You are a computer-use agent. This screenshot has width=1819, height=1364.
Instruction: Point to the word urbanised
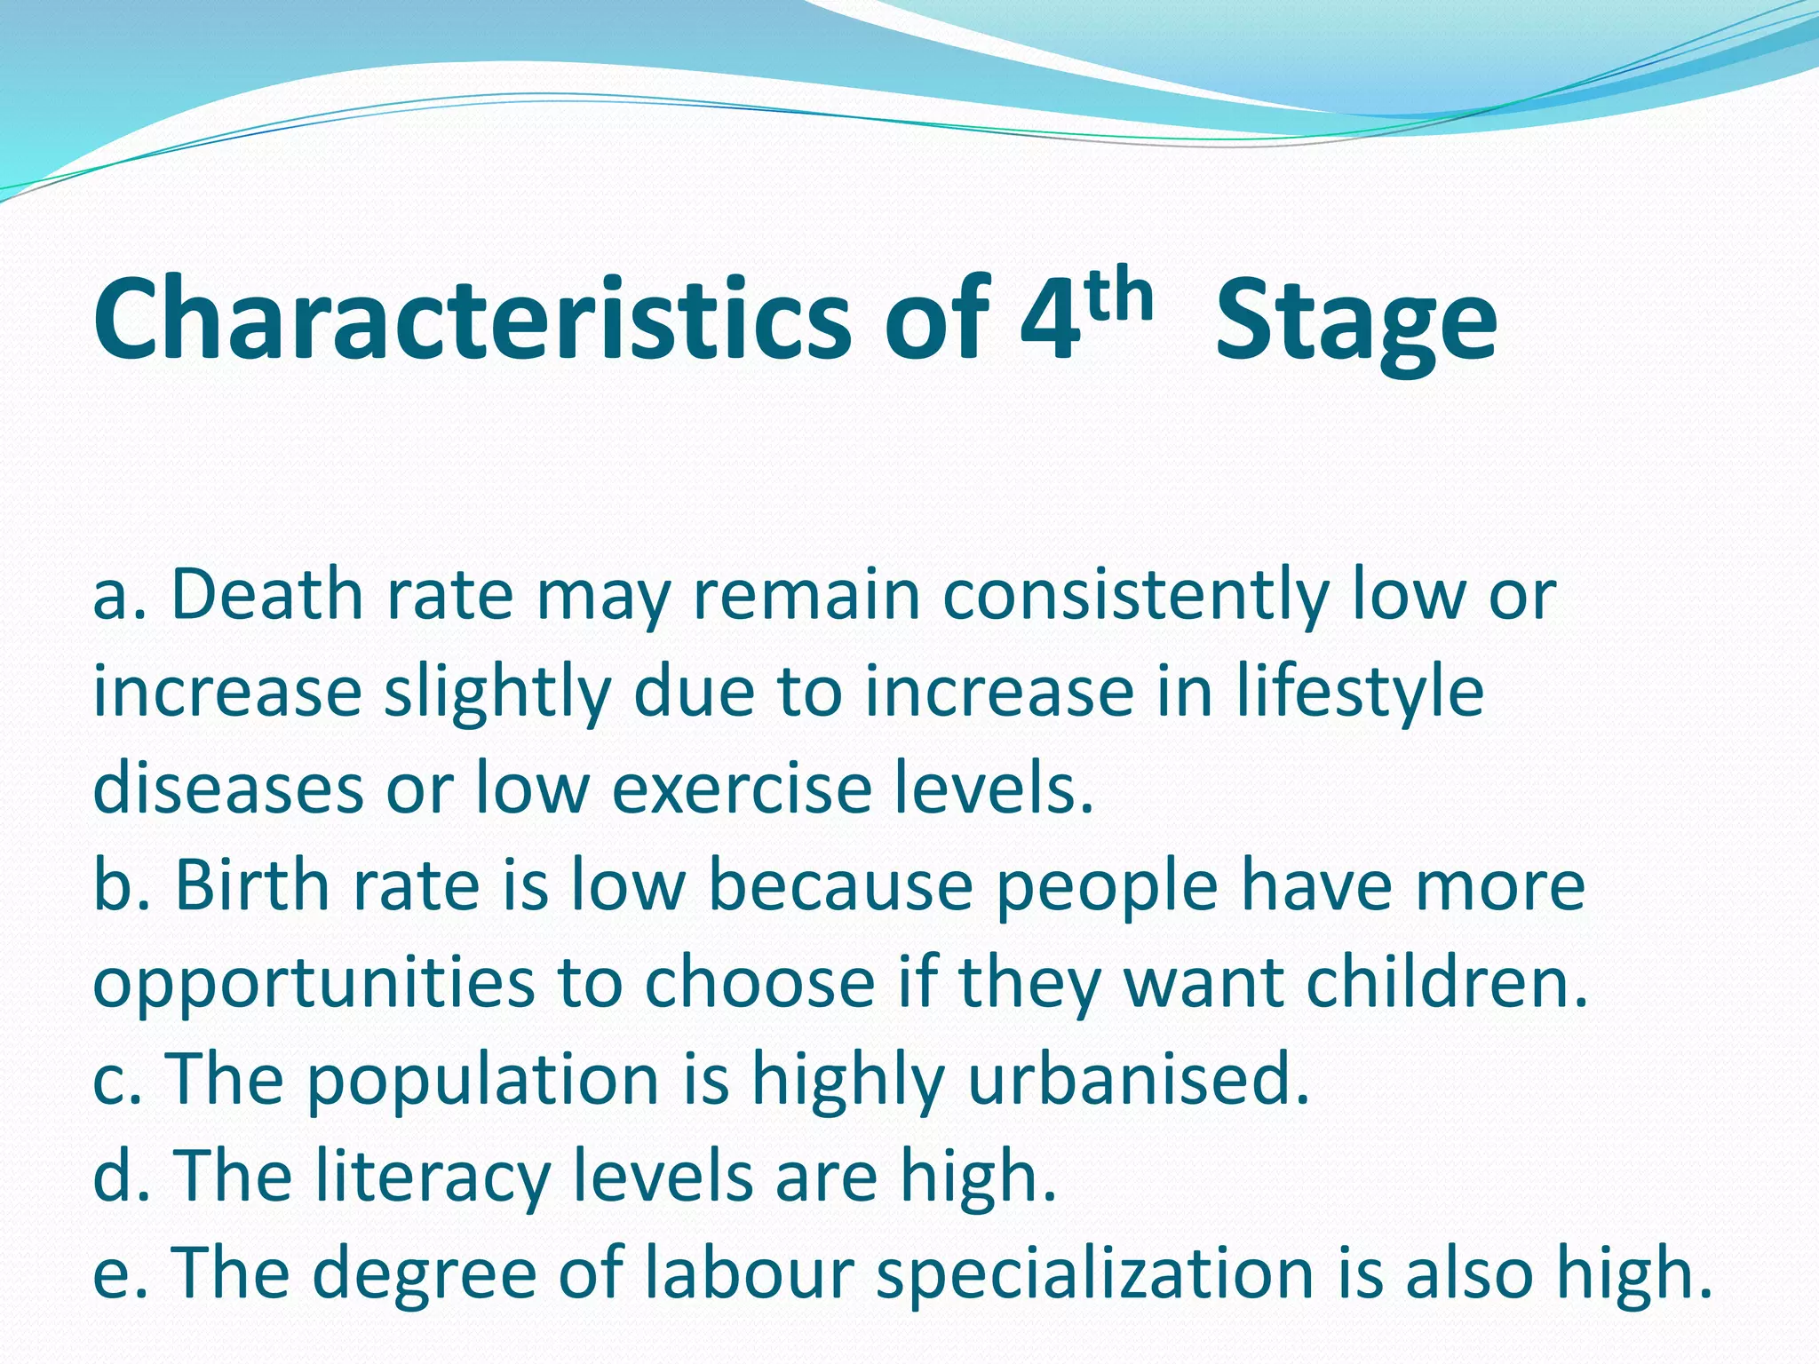(1139, 1078)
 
